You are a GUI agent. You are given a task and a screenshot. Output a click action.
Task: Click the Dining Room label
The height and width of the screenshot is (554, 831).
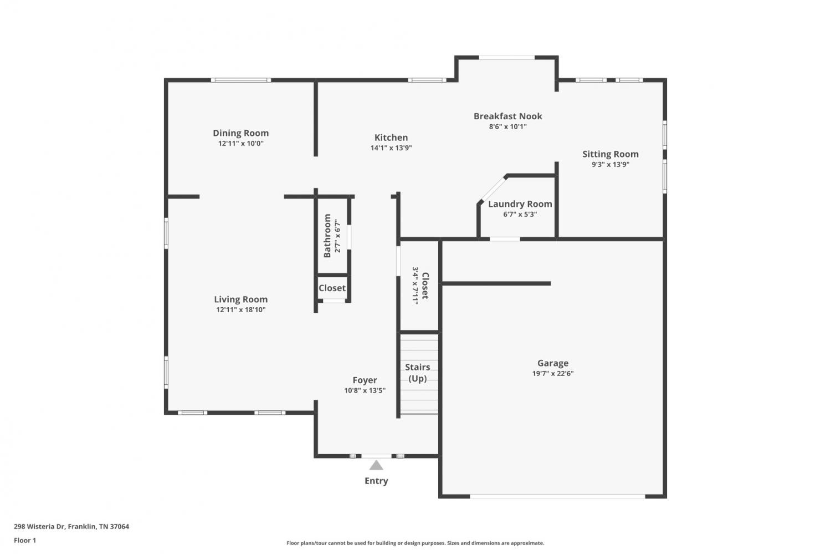tap(240, 133)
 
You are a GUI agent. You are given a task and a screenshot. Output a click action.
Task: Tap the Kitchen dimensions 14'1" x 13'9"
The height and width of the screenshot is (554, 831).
tap(391, 148)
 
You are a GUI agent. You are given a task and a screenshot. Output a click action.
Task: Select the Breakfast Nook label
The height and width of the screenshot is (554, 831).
tap(507, 116)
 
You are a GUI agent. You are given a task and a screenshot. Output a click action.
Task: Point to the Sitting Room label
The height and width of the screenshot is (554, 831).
tap(611, 154)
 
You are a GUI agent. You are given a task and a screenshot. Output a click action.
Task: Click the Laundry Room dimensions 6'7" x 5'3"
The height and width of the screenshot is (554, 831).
tap(520, 214)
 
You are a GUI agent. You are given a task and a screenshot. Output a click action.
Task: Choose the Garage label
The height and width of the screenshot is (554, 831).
tap(553, 363)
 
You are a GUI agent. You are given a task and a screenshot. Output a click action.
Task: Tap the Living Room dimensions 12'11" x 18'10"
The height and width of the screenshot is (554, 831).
tap(241, 309)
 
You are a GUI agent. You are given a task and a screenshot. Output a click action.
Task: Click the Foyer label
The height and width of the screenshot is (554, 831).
tap(365, 380)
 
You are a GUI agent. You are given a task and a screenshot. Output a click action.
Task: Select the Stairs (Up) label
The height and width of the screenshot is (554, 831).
tap(417, 373)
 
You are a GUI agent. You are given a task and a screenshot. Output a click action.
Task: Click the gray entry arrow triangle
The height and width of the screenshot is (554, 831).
tap(376, 466)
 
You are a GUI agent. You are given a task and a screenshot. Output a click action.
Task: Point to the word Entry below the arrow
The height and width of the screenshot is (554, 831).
tap(376, 481)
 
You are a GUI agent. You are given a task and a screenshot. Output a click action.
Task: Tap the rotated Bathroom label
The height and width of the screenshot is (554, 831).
tap(327, 236)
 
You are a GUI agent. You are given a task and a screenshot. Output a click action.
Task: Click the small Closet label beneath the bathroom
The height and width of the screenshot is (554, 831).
tap(332, 288)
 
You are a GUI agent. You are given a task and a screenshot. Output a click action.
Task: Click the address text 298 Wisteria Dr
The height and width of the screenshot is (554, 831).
tap(40, 526)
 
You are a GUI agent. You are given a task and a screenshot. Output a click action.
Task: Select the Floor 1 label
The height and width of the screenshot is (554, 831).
tap(25, 540)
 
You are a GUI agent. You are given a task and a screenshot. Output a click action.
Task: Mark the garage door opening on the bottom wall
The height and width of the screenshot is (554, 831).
tap(557, 496)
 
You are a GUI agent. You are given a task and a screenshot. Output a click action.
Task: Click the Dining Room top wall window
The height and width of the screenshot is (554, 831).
tap(241, 80)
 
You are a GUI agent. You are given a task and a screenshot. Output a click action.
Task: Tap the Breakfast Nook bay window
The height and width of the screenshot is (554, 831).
tap(507, 58)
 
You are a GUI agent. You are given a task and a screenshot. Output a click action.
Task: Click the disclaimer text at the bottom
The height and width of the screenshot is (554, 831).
tap(415, 543)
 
